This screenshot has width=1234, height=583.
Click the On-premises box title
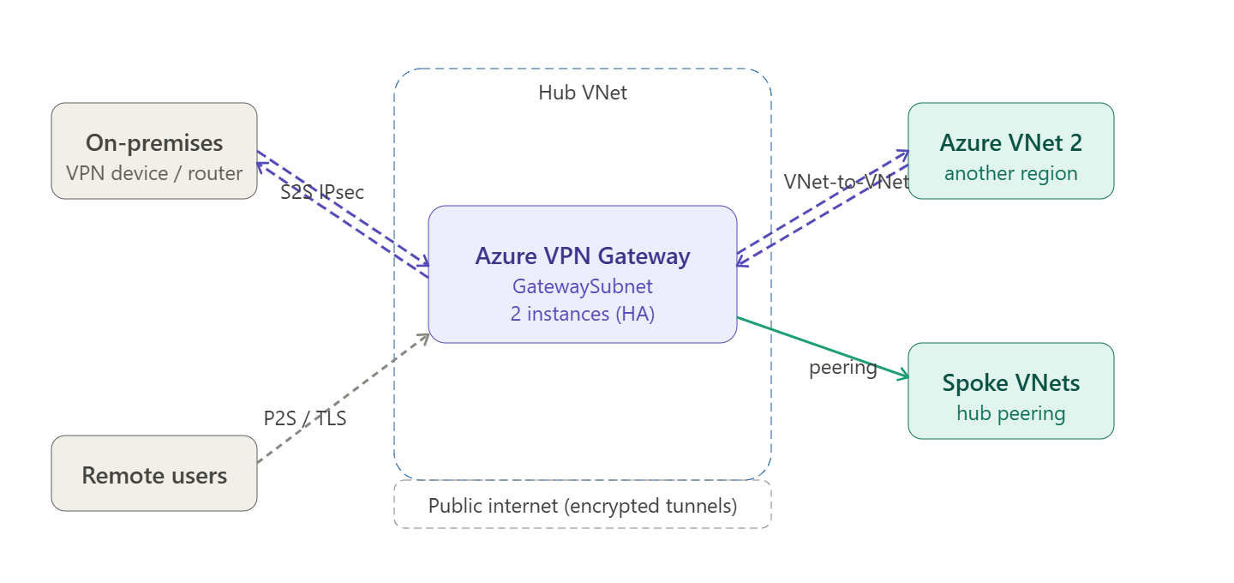154,142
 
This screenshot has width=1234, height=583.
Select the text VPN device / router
154,173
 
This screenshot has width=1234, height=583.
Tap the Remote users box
154,474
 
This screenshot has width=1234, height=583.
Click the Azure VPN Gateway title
583,255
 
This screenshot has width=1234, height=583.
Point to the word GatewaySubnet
583,285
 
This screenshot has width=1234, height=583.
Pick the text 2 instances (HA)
583,314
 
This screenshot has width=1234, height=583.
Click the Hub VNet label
583,93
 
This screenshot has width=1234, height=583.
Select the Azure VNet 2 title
1011,142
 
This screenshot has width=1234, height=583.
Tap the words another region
1011,173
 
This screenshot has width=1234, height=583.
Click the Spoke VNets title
1011,382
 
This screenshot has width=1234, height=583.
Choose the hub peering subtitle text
1011,413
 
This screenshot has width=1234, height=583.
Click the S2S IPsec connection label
322,192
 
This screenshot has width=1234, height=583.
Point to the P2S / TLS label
305,418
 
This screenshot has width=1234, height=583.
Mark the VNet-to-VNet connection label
846,182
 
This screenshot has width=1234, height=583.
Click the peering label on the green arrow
843,369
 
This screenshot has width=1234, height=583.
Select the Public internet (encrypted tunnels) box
583,505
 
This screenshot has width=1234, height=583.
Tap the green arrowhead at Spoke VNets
903,374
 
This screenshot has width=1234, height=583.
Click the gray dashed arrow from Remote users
343,398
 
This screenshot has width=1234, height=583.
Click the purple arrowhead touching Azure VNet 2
903,154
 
